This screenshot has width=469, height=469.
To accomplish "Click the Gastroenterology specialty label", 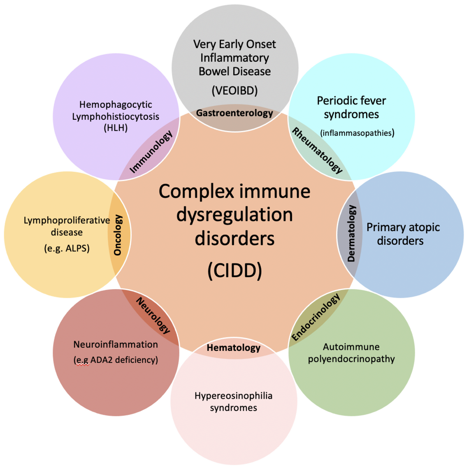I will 234,113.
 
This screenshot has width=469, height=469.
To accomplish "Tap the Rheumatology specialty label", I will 317,151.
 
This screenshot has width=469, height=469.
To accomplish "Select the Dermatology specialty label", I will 351,234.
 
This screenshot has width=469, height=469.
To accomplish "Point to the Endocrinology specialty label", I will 316,317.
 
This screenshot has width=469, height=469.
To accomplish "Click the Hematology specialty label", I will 233,348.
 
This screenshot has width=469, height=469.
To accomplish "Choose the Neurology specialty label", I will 153,316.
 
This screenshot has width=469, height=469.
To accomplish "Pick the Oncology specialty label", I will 118,235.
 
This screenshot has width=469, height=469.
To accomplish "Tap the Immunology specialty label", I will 151,152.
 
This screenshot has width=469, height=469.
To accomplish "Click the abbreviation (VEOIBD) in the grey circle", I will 234,90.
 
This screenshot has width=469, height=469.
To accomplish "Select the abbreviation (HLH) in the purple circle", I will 116,128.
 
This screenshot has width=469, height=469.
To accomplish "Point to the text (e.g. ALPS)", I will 67,248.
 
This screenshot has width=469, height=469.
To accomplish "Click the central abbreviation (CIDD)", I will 234,270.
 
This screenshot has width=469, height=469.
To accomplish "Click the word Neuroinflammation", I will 116,344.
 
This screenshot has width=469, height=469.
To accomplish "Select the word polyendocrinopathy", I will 351,359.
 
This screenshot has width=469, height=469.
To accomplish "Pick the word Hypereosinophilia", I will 233,396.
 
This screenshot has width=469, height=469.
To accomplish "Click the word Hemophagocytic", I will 116,104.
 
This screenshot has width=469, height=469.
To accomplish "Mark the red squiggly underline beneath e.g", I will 82,365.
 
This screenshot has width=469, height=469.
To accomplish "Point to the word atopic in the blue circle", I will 424,227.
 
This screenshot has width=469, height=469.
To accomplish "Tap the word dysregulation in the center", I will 234,215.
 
